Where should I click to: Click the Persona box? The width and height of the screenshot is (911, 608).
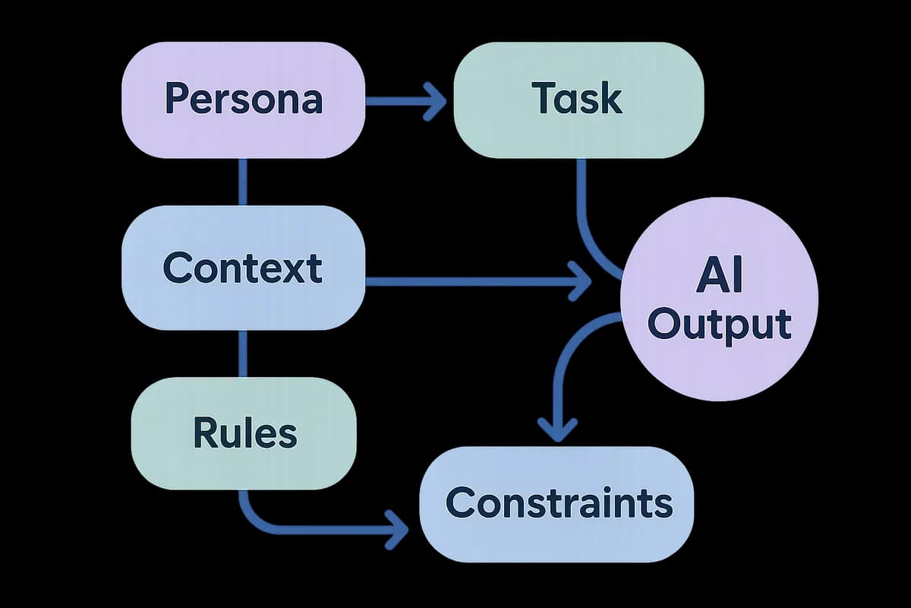(243, 100)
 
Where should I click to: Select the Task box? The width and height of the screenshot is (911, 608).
(578, 100)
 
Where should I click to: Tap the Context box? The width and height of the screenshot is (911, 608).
(243, 268)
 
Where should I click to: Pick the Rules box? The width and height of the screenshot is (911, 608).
(244, 433)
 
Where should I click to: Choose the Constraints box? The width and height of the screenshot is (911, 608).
(556, 505)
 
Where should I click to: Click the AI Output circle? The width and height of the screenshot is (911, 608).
(719, 299)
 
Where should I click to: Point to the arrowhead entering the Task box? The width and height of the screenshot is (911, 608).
(435, 101)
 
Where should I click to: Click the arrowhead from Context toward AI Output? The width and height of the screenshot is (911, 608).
(580, 281)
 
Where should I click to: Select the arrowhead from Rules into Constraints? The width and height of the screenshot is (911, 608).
(396, 530)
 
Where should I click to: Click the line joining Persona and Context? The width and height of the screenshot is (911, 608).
(242, 182)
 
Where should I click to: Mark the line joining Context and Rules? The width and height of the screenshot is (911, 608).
(242, 353)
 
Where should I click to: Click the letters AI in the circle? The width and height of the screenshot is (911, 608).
(720, 274)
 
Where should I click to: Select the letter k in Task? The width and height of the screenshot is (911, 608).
(612, 98)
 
